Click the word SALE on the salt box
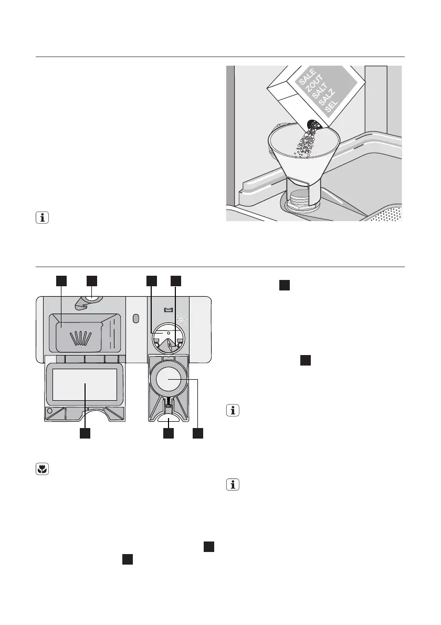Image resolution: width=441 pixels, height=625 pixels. point(307,79)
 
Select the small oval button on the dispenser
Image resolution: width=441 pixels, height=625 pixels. point(136,319)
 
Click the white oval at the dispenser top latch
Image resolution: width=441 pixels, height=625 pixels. point(92,297)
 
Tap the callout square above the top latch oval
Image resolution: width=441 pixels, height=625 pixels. point(92,280)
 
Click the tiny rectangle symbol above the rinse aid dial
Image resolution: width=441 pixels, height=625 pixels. point(167,311)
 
